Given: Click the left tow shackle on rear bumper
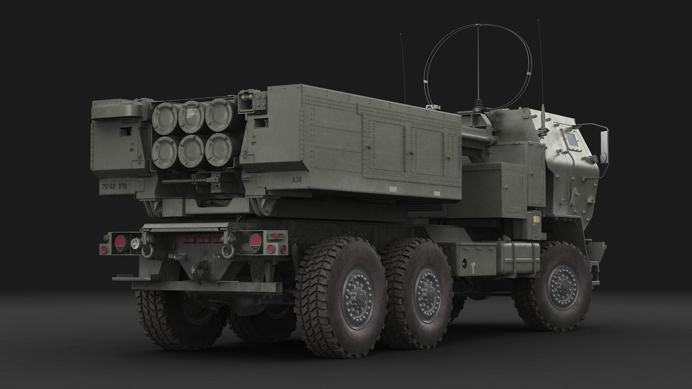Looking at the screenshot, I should coord(147,250).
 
